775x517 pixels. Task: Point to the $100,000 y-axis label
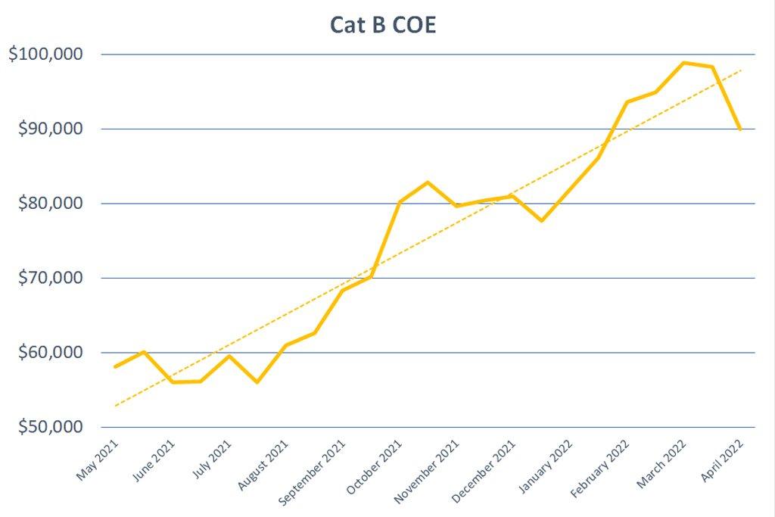(x=51, y=55)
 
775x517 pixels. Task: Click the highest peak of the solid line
(x=684, y=63)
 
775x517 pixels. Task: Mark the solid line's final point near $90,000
(x=740, y=129)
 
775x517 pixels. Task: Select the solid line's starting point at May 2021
(x=115, y=366)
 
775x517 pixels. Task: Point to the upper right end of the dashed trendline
(x=741, y=70)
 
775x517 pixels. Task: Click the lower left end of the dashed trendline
(x=116, y=406)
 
